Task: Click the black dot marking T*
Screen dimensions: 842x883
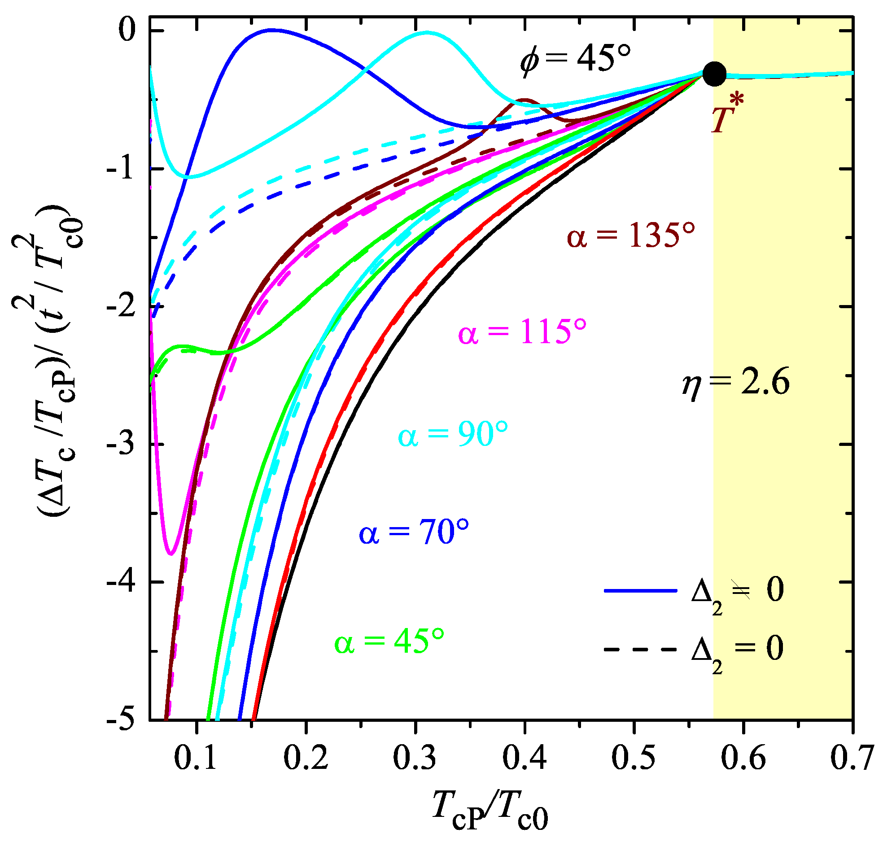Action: point(714,74)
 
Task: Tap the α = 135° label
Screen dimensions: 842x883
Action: point(631,235)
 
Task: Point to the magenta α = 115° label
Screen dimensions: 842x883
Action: point(522,332)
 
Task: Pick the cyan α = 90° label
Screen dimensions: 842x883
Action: point(453,434)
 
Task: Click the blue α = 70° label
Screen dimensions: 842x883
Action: point(413,533)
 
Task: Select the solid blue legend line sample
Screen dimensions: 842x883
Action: point(640,591)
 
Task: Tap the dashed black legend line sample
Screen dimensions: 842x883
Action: point(640,650)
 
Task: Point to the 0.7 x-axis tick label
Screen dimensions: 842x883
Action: point(852,758)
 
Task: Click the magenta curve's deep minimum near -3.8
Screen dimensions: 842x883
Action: point(171,554)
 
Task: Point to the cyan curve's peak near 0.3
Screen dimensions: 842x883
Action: point(426,32)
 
